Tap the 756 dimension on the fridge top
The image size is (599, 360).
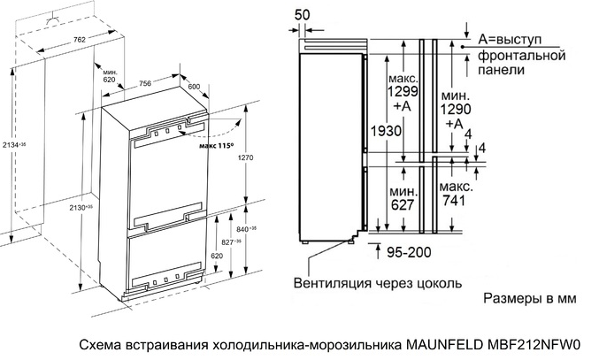tap(145, 84)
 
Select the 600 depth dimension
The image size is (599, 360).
tap(195, 85)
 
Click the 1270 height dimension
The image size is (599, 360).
tap(249, 159)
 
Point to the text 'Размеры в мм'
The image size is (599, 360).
tap(529, 300)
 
